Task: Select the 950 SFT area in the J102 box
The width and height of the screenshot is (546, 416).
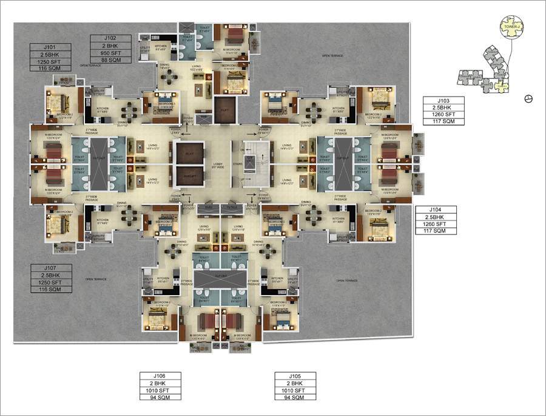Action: coord(109,52)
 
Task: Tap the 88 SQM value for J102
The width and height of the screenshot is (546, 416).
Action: coord(109,60)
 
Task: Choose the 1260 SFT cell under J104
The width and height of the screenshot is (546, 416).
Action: coord(434,223)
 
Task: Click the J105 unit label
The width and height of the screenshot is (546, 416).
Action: coord(295,375)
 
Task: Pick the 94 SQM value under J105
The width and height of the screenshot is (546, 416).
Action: coord(295,397)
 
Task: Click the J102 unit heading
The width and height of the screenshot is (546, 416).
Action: coord(109,38)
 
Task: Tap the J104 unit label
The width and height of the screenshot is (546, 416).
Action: coord(434,209)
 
